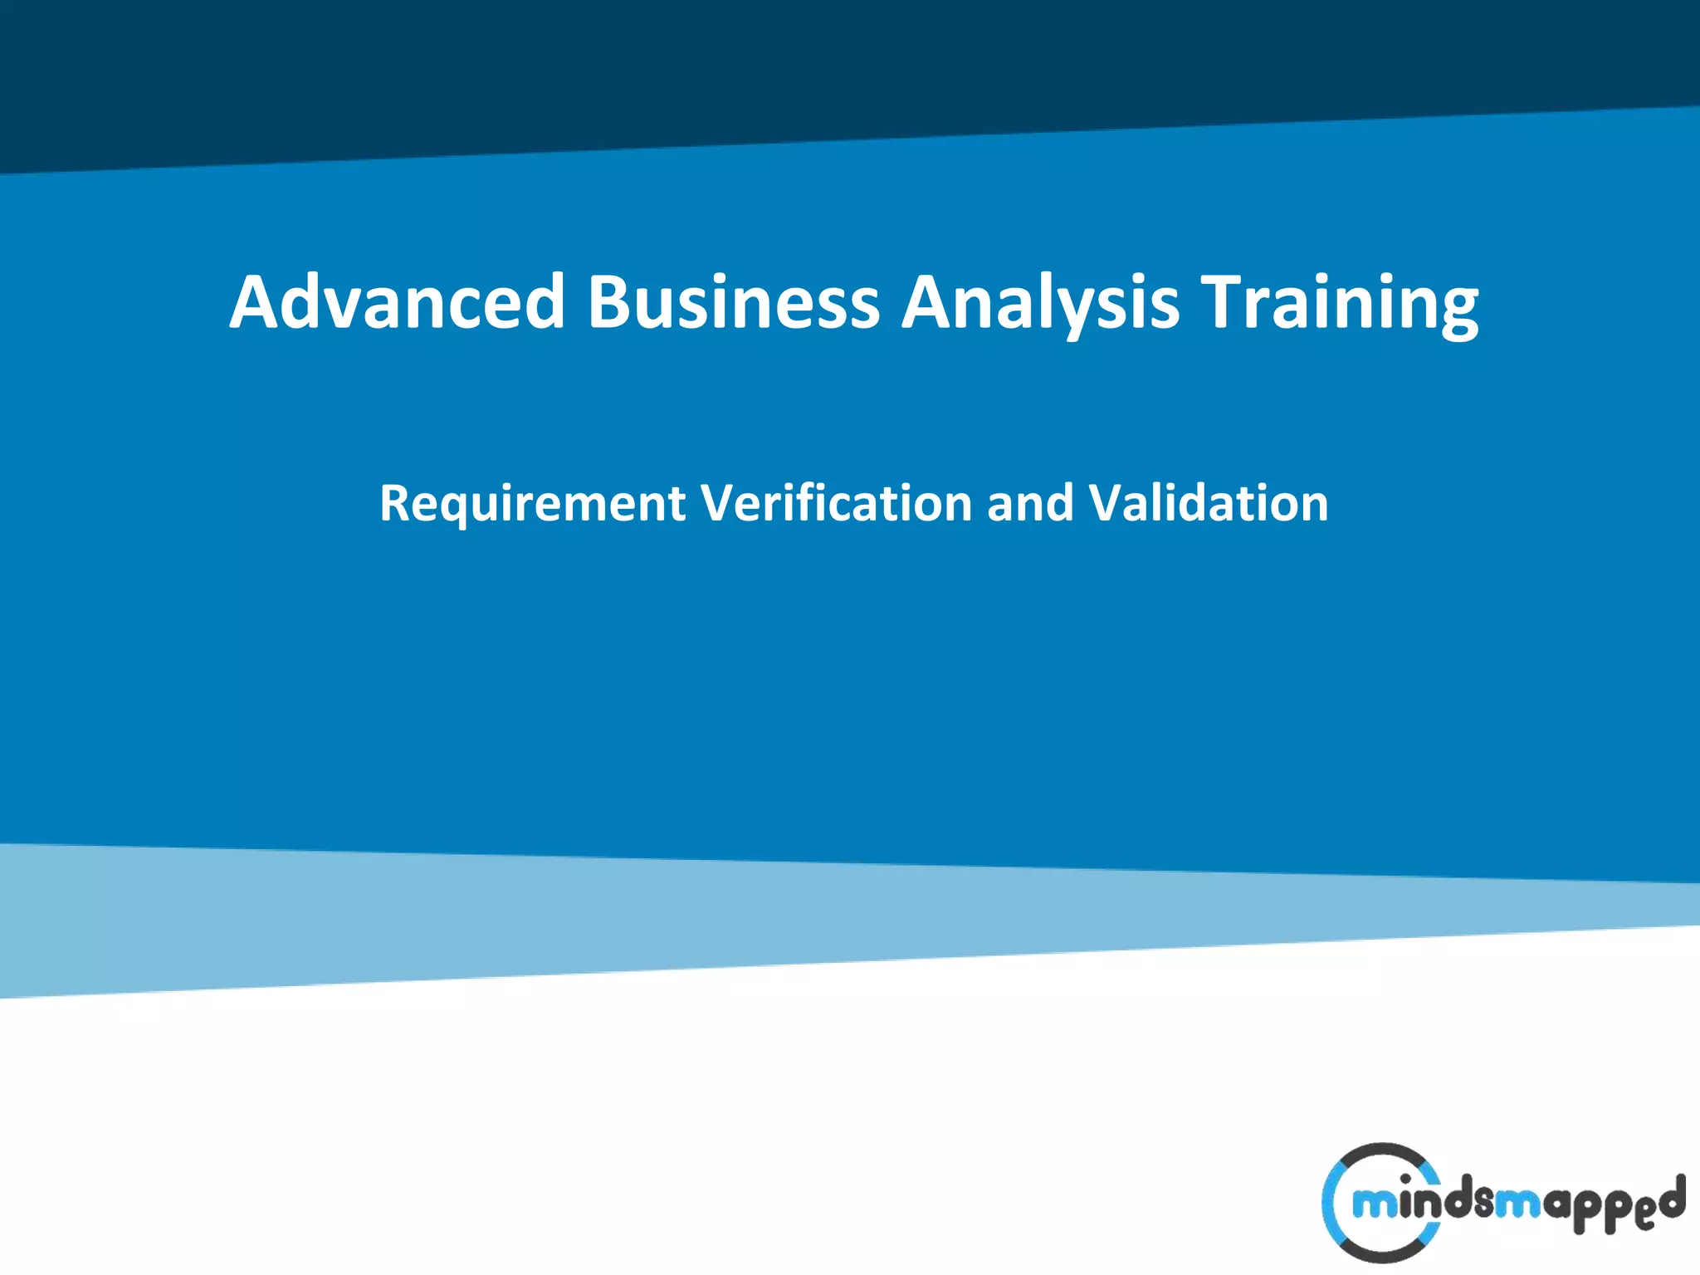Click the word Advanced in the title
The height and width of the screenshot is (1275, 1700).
point(397,301)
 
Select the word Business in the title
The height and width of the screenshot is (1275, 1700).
point(734,301)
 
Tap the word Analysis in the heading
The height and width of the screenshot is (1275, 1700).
point(1040,301)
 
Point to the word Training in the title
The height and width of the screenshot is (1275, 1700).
point(1340,301)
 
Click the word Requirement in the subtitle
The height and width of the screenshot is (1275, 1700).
point(532,503)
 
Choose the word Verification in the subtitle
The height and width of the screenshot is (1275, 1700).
point(836,503)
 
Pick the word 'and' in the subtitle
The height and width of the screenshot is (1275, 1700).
point(1030,503)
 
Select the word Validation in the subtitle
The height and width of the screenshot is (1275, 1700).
point(1208,503)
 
